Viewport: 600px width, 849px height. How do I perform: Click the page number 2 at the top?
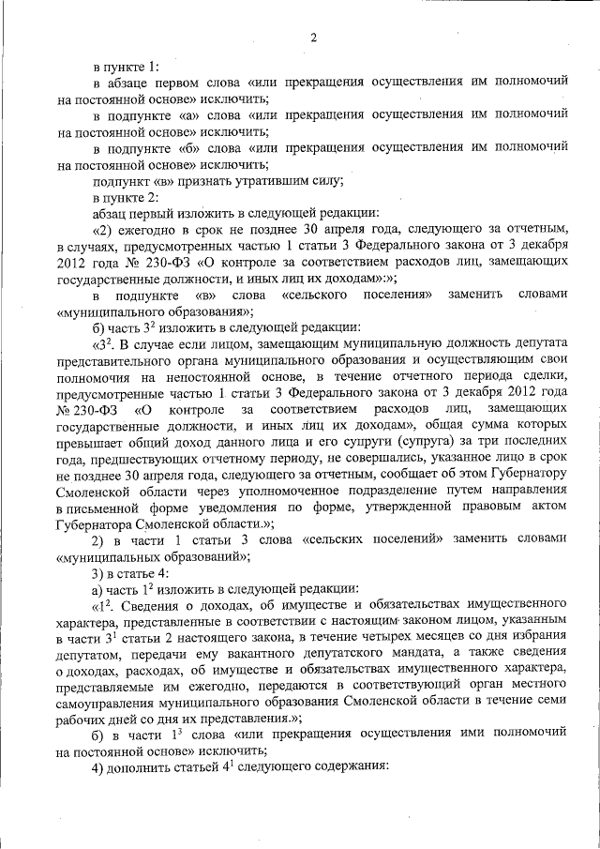click(313, 38)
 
